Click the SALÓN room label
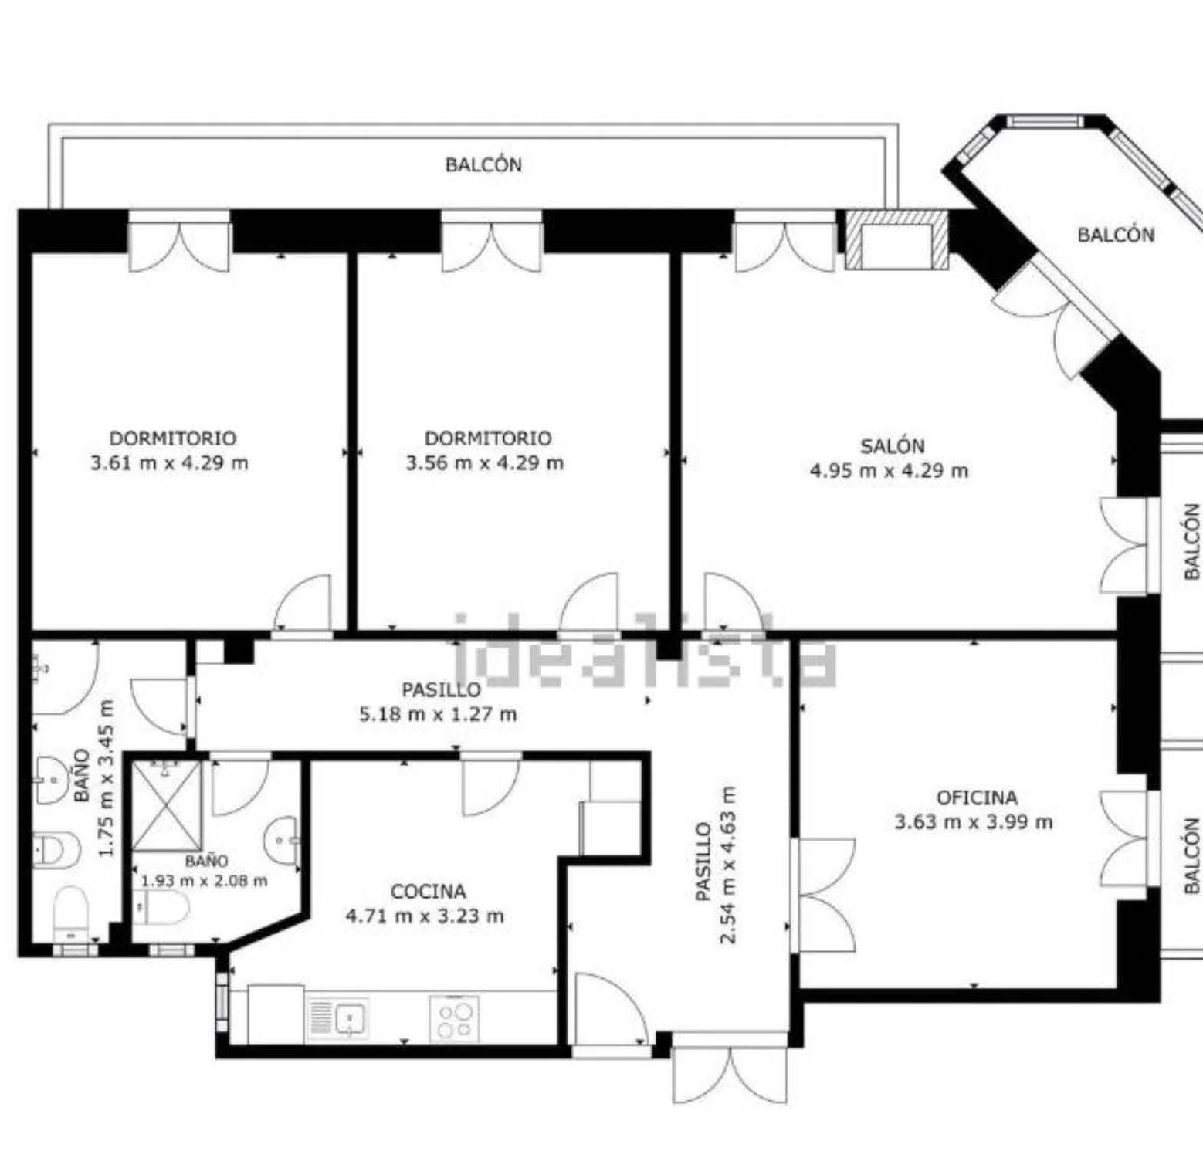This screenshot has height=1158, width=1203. tap(892, 445)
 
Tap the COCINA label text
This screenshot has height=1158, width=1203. tap(428, 892)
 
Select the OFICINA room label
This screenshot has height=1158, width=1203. tap(977, 797)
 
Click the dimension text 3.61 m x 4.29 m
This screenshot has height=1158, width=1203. tap(170, 463)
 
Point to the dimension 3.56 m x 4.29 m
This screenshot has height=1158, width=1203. tap(485, 463)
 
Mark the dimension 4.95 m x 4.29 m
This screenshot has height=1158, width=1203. tap(889, 470)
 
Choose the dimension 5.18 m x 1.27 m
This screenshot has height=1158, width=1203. tap(438, 714)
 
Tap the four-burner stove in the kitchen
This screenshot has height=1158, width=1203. tap(454, 1019)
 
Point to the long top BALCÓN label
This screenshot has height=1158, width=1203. tap(483, 164)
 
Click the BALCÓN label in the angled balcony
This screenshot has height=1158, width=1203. tap(1116, 235)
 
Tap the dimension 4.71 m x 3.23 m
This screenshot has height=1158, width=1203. tap(425, 916)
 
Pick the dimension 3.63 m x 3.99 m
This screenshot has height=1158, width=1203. tap(974, 821)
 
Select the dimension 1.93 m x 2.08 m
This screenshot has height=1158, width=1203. tap(205, 880)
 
